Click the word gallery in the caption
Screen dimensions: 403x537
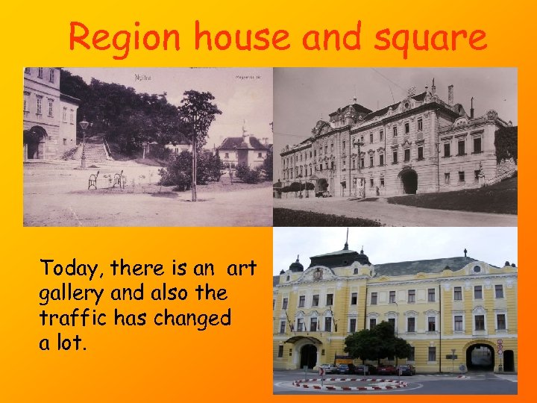[71, 293]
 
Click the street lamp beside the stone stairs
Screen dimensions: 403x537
[84, 142]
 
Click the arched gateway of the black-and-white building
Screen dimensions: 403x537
[409, 181]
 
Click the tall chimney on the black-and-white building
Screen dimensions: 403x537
[450, 95]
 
